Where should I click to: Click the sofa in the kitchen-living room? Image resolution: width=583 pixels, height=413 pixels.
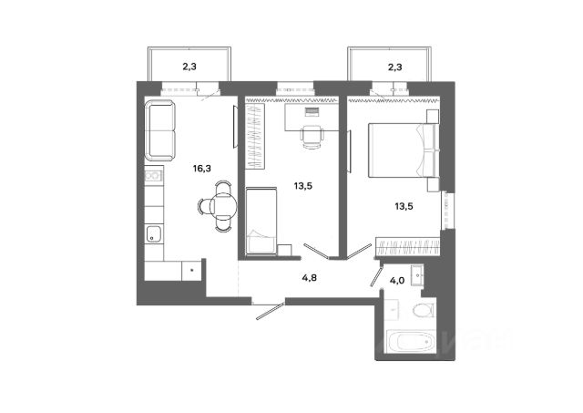(160, 130)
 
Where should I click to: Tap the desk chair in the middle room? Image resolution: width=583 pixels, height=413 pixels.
(311, 138)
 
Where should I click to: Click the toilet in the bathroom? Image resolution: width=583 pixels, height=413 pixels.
(422, 312)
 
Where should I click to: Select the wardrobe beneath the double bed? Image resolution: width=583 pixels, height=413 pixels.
(407, 246)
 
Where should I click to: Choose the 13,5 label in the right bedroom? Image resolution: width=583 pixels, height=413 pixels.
(402, 205)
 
